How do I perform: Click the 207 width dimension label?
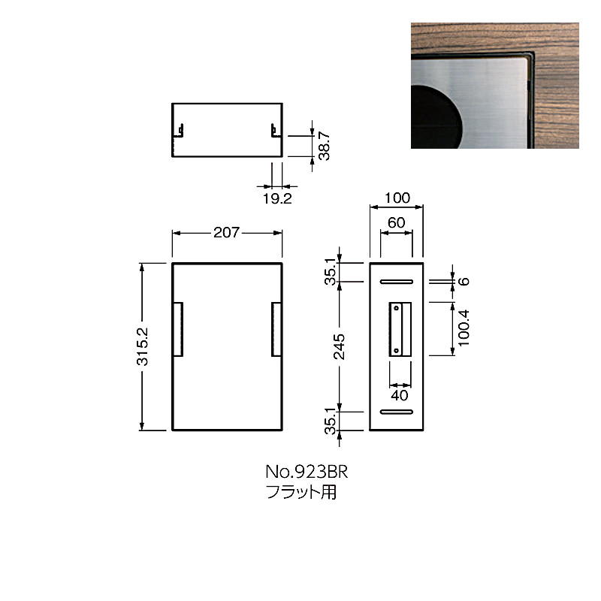[x=227, y=232]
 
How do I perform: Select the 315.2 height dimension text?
[x=142, y=346]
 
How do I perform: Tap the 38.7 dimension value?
[x=324, y=146]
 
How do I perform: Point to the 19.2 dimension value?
[x=277, y=198]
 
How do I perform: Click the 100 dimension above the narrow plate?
[x=397, y=198]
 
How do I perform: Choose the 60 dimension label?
[x=397, y=222]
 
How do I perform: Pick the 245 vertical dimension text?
[x=339, y=346]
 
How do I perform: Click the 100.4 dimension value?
[x=464, y=328]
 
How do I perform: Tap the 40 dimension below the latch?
[x=400, y=395]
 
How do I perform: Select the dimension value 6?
[x=464, y=281]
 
